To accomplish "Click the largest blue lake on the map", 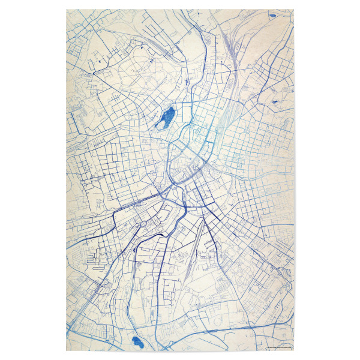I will pos(164,118).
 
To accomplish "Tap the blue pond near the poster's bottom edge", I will pos(136,343).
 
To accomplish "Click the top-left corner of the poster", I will pos(66,9).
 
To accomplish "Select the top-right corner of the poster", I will pos(294,9).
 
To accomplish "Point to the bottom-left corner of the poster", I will pos(66,351).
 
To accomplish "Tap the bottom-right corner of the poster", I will pos(294,351).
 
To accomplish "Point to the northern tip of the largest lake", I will pos(172,106).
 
